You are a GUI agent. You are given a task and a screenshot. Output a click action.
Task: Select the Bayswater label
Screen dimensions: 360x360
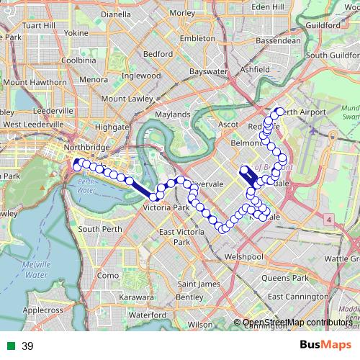click(x=207, y=73)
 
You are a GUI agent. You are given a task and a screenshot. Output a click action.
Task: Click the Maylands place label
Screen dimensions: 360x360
click(x=173, y=114)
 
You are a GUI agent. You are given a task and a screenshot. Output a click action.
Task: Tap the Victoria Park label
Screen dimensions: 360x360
click(x=166, y=208)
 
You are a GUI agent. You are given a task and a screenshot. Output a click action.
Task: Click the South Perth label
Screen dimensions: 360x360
click(x=99, y=229)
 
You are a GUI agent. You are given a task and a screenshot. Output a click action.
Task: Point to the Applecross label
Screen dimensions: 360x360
click(x=43, y=310)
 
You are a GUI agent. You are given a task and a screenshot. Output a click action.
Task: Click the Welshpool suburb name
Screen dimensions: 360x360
click(x=244, y=256)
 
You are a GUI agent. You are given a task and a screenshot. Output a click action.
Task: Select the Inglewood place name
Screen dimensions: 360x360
click(x=140, y=75)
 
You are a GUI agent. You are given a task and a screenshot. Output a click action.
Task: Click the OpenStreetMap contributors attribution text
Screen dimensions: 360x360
click(x=297, y=323)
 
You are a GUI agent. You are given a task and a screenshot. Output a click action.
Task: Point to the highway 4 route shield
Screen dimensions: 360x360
click(x=328, y=218)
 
